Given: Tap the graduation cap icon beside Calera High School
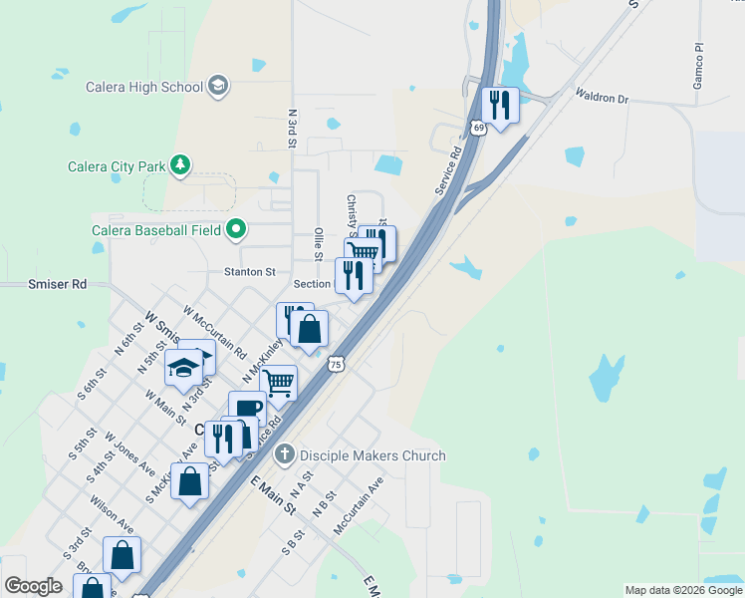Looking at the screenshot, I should pyautogui.click(x=218, y=87).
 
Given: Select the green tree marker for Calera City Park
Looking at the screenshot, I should pyautogui.click(x=179, y=165).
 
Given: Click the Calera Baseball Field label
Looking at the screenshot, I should pyautogui.click(x=156, y=230).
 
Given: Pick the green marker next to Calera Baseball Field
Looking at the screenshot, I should pyautogui.click(x=236, y=230).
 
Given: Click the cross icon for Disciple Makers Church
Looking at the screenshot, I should pyautogui.click(x=284, y=454).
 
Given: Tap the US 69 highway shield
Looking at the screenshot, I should pyautogui.click(x=479, y=127).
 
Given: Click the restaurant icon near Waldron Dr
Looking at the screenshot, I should pyautogui.click(x=499, y=105).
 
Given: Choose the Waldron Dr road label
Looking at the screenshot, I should pyautogui.click(x=603, y=97).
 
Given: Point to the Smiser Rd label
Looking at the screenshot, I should pyautogui.click(x=58, y=284).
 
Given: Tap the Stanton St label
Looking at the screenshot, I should pyautogui.click(x=249, y=271).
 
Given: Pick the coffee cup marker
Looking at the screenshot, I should pyautogui.click(x=247, y=408).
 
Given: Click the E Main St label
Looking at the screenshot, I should pyautogui.click(x=274, y=495).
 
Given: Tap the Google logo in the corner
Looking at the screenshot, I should pyautogui.click(x=33, y=586).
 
